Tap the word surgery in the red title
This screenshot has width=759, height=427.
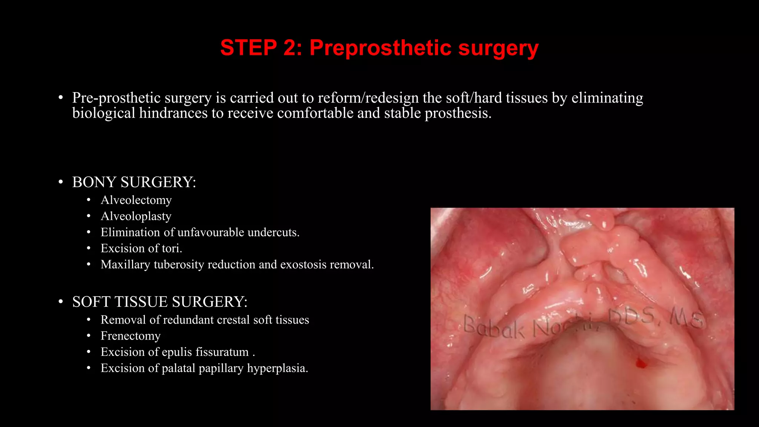coord(498,49)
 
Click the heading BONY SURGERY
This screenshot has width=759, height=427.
coord(134,182)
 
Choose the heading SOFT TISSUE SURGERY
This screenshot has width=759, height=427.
coord(160,302)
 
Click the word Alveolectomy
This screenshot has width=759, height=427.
coord(136,200)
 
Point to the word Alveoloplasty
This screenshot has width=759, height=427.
coord(136,216)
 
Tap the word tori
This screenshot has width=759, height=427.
coord(172,248)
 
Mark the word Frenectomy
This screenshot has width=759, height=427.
coord(130,336)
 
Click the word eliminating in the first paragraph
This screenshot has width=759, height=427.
coord(607,98)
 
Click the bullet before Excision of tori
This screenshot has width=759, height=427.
coord(89,248)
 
